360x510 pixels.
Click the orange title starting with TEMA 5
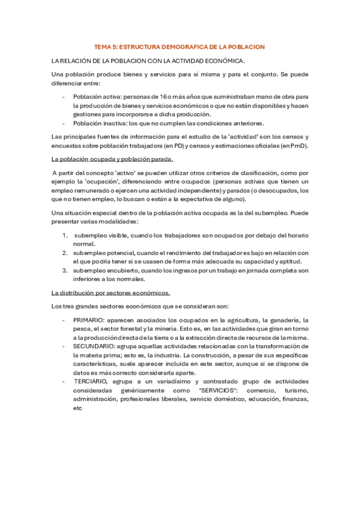point(180,46)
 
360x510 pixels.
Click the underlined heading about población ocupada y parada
point(112,159)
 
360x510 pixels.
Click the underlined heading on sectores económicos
point(111,293)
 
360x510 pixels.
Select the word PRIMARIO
point(90,321)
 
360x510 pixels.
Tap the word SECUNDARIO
point(94,347)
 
